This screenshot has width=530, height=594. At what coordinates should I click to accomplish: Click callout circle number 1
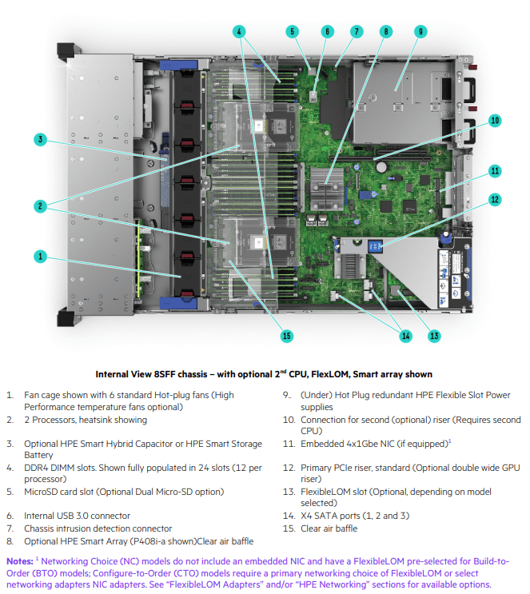pos(40,257)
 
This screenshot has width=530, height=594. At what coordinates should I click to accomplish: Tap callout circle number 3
pos(40,140)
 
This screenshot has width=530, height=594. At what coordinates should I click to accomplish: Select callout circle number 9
pos(420,31)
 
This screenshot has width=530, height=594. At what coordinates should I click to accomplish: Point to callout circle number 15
pos(287,336)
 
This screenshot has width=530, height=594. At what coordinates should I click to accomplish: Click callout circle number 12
pos(496,199)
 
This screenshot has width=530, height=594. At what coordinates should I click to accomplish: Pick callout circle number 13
pos(434,336)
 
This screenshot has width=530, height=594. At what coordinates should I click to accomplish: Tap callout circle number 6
pos(327,31)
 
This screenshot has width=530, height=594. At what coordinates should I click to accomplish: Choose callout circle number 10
pos(496,121)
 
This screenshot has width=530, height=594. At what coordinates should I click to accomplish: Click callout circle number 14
pos(405,336)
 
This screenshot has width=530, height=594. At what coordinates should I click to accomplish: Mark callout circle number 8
pos(386,31)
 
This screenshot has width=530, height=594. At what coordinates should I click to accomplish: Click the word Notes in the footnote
pos(20,561)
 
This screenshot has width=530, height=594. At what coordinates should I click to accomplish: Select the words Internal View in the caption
pos(124,373)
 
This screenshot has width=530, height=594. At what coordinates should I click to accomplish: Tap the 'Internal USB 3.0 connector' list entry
pos(78,516)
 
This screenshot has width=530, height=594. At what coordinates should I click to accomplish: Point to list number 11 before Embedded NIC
pos(289,444)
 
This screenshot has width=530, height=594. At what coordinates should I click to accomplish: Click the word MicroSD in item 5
pos(43,492)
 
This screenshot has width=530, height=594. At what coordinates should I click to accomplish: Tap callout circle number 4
pos(239,31)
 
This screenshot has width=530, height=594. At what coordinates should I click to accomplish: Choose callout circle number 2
pos(40,205)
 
